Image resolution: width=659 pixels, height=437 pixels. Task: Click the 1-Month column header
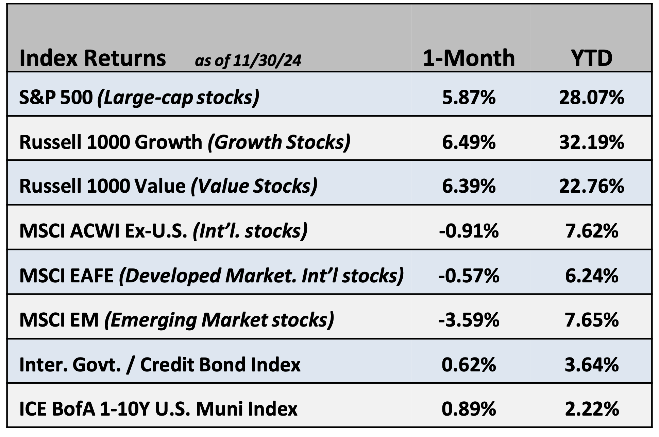[468, 58]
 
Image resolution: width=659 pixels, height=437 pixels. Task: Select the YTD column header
[591, 58]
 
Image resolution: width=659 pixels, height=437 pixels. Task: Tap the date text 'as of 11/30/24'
[248, 60]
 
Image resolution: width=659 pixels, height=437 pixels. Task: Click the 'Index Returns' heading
[92, 58]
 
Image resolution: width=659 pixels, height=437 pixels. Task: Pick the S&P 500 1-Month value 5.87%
[469, 98]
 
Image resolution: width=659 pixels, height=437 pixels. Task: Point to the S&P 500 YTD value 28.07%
[591, 98]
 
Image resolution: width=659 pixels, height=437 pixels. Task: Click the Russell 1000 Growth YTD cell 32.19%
[591, 142]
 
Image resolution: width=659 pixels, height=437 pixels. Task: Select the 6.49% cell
[469, 142]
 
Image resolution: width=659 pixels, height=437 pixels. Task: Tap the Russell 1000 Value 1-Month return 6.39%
[469, 186]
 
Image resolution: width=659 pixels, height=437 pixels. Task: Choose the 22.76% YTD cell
[591, 186]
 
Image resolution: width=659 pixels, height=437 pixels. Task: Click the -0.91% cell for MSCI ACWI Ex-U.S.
[469, 231]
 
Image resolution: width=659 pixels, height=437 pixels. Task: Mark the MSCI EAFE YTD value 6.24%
[591, 276]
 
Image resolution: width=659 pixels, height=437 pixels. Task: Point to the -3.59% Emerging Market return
[469, 320]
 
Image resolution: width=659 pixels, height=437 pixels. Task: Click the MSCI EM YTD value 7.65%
[591, 320]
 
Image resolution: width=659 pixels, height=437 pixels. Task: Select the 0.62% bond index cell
[469, 365]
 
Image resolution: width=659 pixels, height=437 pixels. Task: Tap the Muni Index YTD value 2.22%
[591, 409]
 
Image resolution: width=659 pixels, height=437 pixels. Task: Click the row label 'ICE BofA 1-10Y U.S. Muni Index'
[158, 409]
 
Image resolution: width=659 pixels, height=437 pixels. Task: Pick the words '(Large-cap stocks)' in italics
[178, 98]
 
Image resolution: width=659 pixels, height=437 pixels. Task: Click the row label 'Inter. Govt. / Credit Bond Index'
[160, 365]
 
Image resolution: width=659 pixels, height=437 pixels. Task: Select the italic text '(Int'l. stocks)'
[250, 231]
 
